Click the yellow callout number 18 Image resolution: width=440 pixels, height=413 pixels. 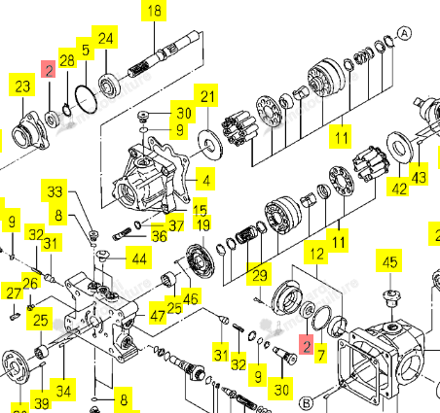154,11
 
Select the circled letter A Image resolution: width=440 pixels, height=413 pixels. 404,33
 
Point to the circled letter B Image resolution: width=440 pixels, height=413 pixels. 306,403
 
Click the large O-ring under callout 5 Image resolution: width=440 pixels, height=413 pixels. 86,99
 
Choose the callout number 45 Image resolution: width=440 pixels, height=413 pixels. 389,260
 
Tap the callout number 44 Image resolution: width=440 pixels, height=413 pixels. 139,258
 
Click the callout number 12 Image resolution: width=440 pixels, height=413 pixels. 316,254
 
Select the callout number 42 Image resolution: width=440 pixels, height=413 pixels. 399,188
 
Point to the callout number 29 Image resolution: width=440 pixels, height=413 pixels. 259,275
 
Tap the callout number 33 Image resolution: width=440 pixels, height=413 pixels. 55,190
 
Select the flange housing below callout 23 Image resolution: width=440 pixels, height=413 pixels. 30,130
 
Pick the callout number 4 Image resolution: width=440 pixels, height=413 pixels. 205,179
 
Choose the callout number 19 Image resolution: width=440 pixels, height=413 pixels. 202,224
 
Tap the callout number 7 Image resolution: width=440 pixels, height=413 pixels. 320,354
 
